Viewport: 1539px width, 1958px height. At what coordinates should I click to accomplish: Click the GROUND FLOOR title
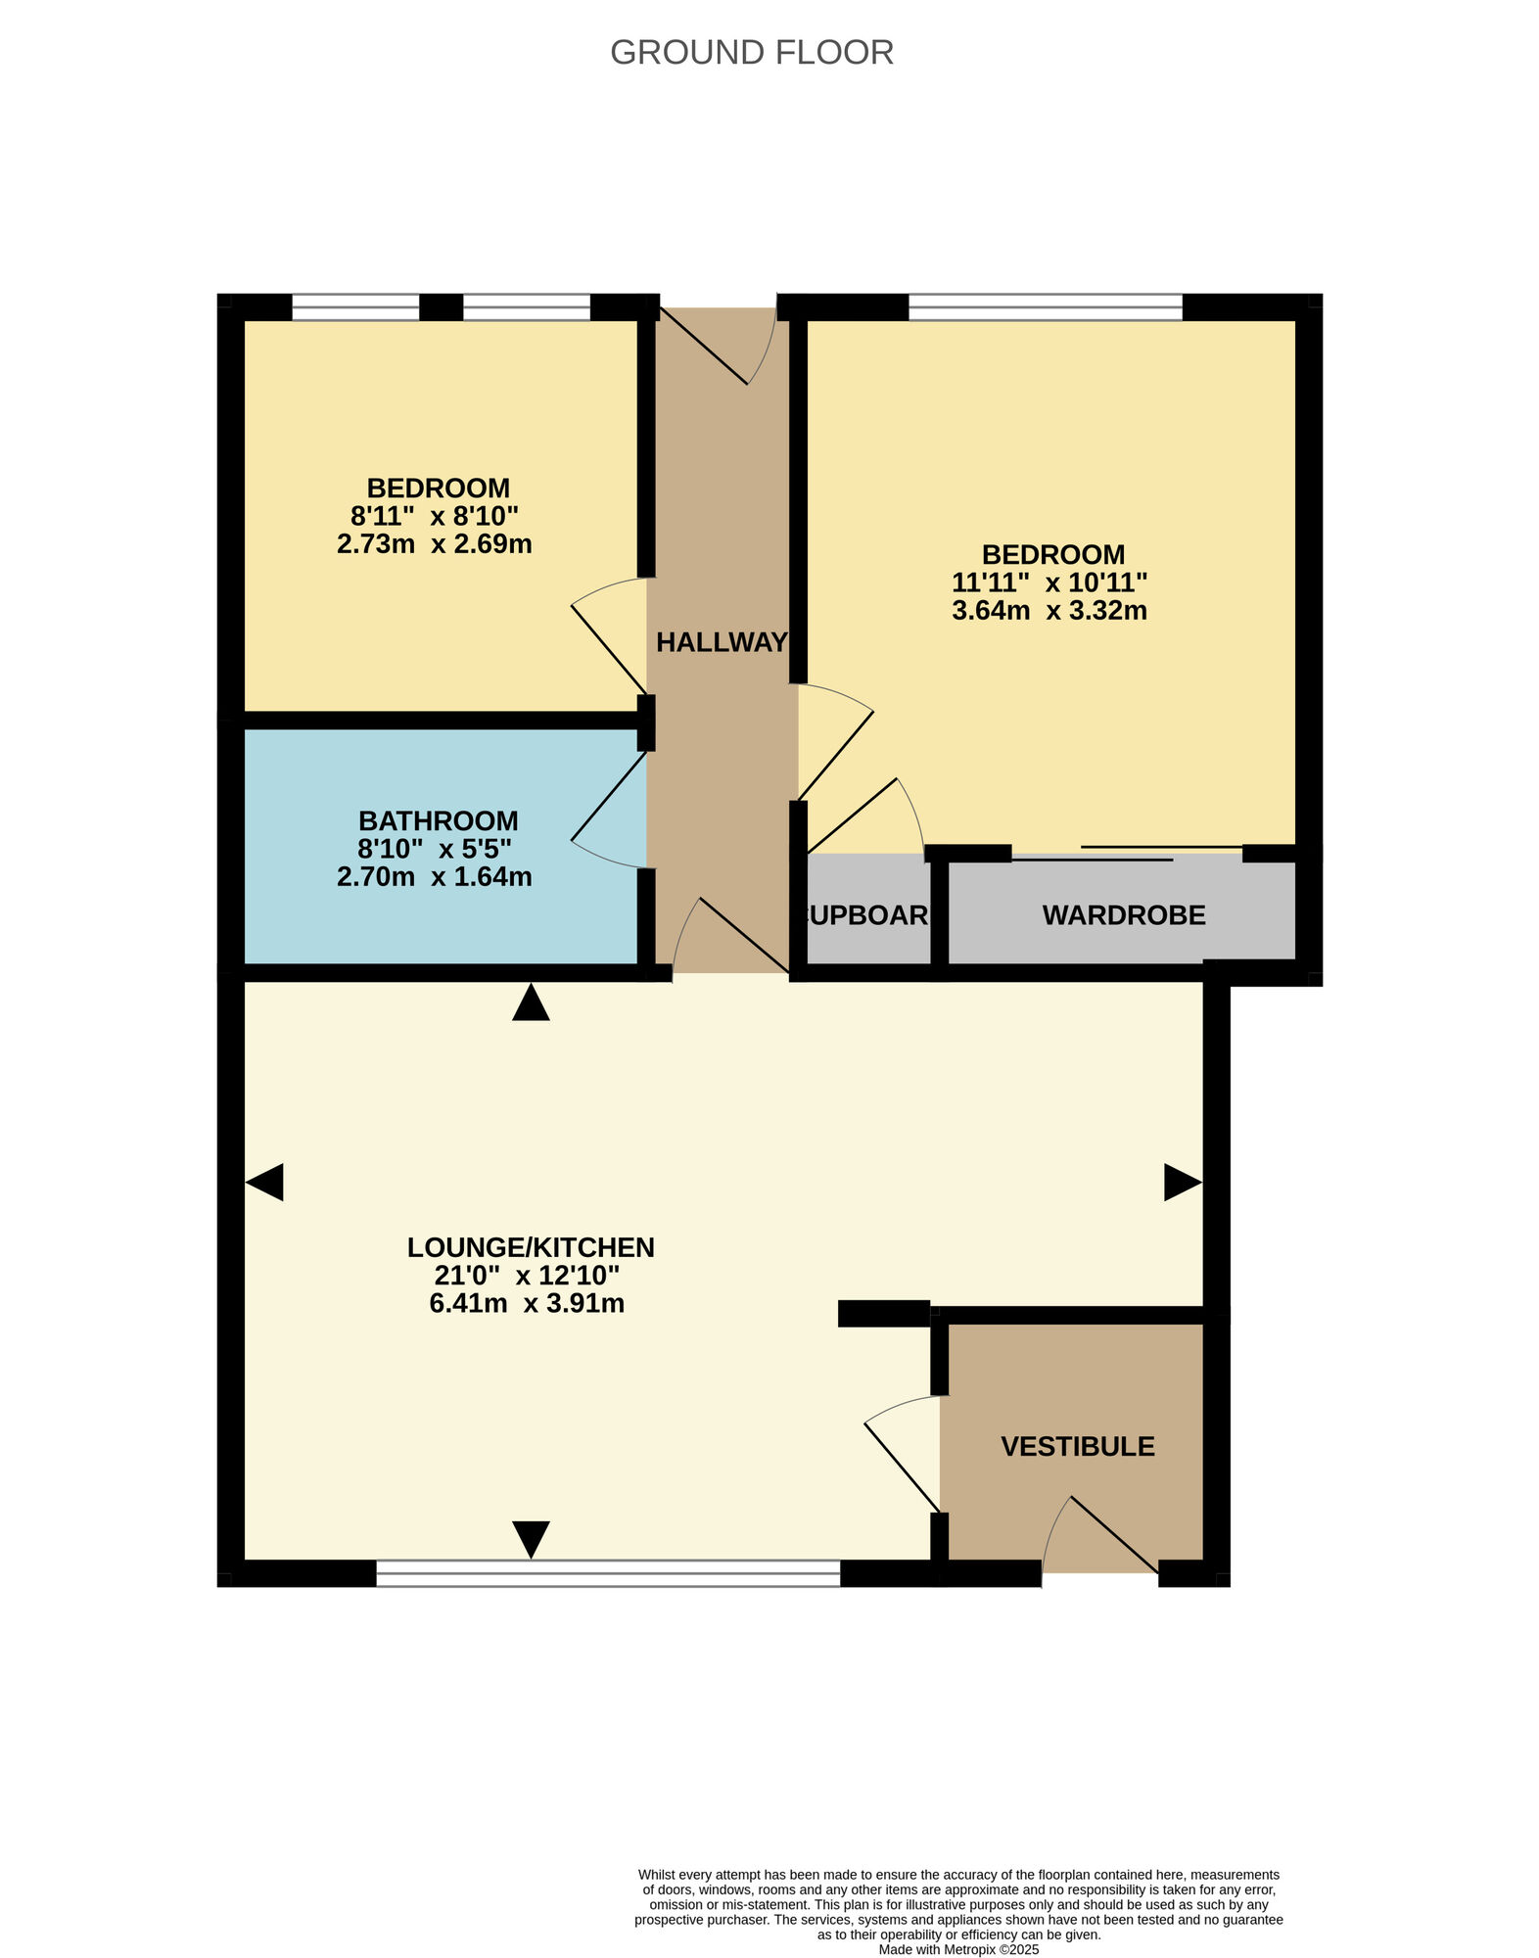pyautogui.click(x=751, y=53)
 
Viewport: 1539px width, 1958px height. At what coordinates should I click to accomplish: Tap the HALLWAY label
pyautogui.click(x=722, y=642)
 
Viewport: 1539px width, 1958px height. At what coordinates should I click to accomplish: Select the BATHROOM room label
pyautogui.click(x=438, y=820)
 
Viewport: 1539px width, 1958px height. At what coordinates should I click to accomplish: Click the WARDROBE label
pyautogui.click(x=1123, y=915)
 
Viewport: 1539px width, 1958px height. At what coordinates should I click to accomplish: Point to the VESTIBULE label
pyautogui.click(x=1077, y=1446)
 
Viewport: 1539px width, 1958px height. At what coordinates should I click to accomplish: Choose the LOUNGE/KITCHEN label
pyautogui.click(x=531, y=1247)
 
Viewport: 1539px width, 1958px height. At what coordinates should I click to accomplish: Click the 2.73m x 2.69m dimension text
pyautogui.click(x=434, y=544)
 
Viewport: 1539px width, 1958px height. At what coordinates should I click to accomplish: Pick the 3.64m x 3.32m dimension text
pyautogui.click(x=1049, y=611)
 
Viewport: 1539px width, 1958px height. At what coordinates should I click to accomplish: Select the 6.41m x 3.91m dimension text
pyautogui.click(x=527, y=1303)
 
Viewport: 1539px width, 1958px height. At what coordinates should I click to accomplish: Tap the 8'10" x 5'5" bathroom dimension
pyautogui.click(x=434, y=848)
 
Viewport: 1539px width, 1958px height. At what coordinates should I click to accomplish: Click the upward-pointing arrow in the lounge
pyautogui.click(x=531, y=1003)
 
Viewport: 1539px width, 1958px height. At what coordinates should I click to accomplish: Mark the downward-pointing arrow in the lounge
pyautogui.click(x=531, y=1538)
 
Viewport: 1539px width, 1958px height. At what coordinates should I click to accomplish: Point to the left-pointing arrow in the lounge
pyautogui.click(x=264, y=1182)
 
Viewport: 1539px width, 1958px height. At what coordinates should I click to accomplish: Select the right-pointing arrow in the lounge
pyautogui.click(x=1182, y=1182)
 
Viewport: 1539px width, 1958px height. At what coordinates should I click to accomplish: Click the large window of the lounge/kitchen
pyautogui.click(x=608, y=1572)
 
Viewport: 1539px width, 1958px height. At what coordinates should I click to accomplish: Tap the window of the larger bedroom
pyautogui.click(x=1045, y=307)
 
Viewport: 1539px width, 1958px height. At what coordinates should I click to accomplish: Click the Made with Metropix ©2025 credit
pyautogui.click(x=958, y=1949)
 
